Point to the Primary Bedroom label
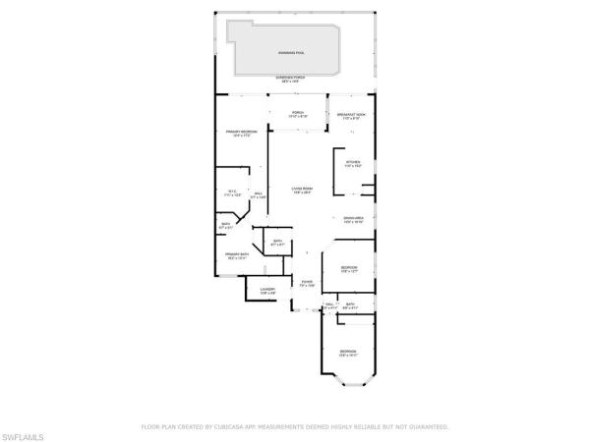241,133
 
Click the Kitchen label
352,164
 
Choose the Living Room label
301,191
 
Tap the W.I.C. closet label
233,194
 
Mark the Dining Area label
354,220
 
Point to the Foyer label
308,284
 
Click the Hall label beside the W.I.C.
259,195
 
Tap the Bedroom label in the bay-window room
349,352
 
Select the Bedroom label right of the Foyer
349,269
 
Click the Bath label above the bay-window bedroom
351,305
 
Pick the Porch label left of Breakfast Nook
297,115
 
